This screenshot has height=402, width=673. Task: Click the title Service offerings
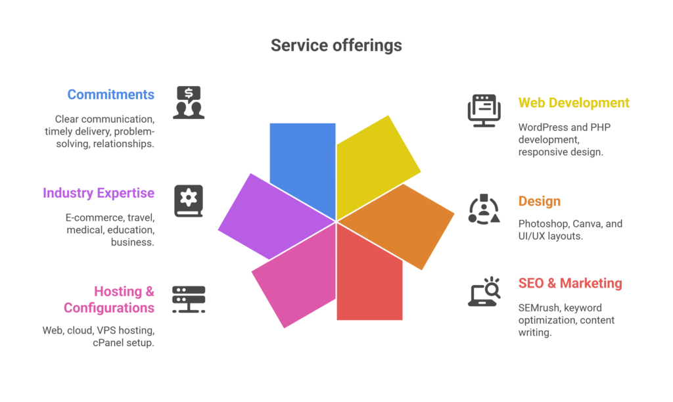[336, 45]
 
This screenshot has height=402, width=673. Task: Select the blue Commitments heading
[110, 95]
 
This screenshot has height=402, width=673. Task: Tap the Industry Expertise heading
[99, 193]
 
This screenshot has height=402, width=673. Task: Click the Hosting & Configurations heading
[109, 299]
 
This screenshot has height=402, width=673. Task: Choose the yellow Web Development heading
[574, 103]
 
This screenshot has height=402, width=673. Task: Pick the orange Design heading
[539, 201]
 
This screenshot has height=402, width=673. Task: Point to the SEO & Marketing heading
[570, 284]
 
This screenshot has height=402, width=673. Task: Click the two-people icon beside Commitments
[189, 102]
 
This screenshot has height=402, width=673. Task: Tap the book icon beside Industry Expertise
[189, 200]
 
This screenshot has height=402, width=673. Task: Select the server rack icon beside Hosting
[189, 300]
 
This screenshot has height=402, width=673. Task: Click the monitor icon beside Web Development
[484, 110]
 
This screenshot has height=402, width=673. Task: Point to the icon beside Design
[484, 210]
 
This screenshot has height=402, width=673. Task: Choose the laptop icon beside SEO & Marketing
[484, 292]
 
